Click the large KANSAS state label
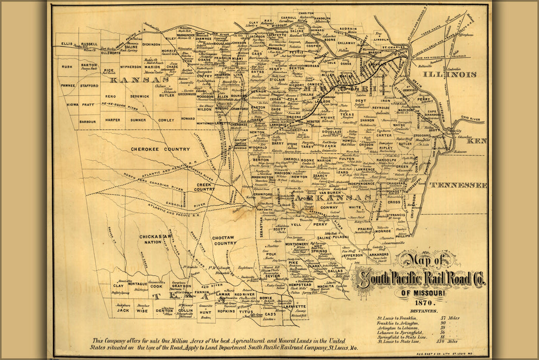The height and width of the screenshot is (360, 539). [140, 80]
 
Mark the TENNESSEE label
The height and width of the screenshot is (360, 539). [458, 185]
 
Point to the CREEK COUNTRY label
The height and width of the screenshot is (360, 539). [204, 186]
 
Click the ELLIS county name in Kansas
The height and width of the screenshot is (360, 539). [67, 44]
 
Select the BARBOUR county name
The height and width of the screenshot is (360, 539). [88, 122]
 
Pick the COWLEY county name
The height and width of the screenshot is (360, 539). [166, 120]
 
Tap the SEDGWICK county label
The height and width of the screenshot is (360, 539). [139, 96]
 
